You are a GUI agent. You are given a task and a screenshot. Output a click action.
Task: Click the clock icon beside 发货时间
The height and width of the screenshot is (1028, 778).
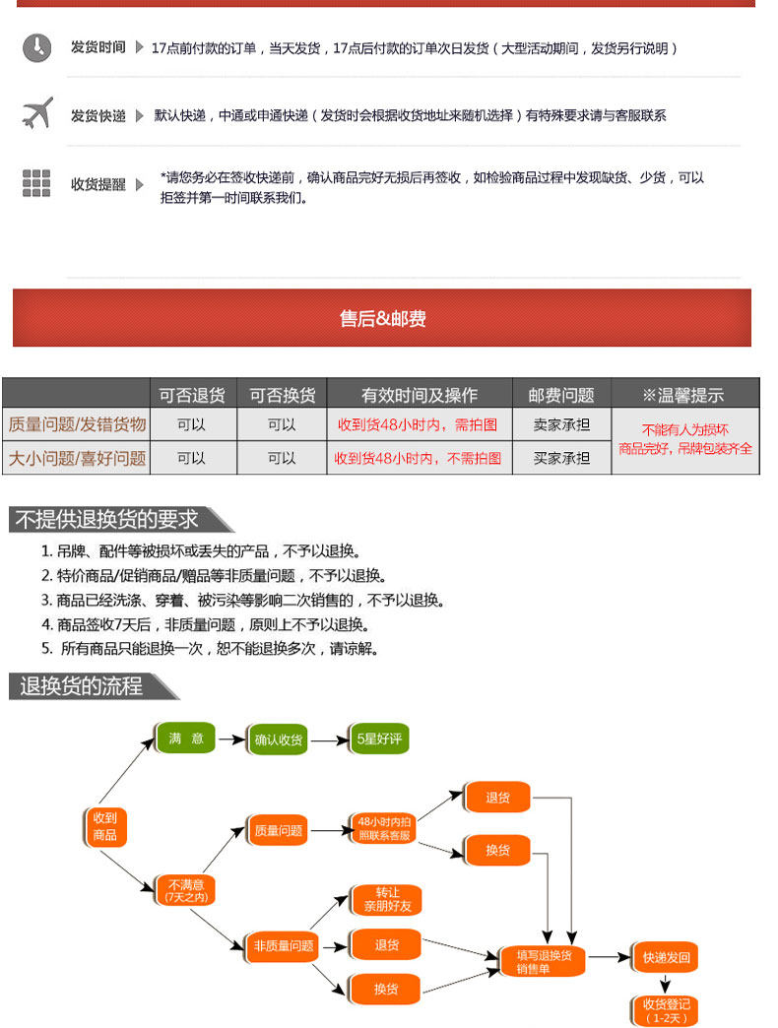pyautogui.click(x=36, y=47)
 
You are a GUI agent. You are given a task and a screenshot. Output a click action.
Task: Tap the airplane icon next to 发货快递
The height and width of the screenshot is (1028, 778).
pyautogui.click(x=36, y=114)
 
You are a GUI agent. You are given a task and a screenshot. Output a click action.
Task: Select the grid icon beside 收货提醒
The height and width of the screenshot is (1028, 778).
pyautogui.click(x=36, y=183)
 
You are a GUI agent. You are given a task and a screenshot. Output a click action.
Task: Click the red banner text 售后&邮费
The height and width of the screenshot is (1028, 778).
pyautogui.click(x=382, y=318)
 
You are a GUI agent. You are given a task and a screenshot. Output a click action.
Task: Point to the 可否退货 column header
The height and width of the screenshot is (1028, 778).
pyautogui.click(x=192, y=395)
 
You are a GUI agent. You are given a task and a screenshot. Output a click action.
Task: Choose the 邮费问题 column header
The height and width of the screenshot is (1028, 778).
pyautogui.click(x=561, y=395)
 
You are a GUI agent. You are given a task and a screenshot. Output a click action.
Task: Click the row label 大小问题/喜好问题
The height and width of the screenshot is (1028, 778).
pyautogui.click(x=77, y=458)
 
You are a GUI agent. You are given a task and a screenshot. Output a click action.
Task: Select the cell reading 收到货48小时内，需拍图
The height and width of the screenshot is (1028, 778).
pyautogui.click(x=419, y=425)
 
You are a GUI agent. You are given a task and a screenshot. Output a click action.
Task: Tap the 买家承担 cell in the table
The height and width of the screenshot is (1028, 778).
pyautogui.click(x=561, y=458)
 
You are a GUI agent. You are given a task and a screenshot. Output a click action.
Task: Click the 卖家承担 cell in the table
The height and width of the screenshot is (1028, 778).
pyautogui.click(x=561, y=425)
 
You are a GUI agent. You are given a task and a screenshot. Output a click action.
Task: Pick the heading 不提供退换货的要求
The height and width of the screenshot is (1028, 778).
pyautogui.click(x=106, y=519)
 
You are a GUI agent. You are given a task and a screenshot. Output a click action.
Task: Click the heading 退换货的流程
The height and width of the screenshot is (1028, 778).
pyautogui.click(x=82, y=686)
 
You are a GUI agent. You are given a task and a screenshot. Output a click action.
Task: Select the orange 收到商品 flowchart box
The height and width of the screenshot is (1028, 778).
pyautogui.click(x=104, y=826)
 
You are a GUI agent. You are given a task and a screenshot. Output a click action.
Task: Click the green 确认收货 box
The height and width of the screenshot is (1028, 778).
pyautogui.click(x=280, y=739)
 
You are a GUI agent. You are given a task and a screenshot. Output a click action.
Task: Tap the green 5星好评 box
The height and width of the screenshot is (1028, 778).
pyautogui.click(x=379, y=739)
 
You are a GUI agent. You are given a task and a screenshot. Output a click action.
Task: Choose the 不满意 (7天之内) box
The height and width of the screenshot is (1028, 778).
pyautogui.click(x=186, y=890)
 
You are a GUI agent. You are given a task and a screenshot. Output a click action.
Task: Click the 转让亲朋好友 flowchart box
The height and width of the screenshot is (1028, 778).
pyautogui.click(x=386, y=899)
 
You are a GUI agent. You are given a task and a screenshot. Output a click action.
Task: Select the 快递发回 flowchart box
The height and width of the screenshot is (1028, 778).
pyautogui.click(x=666, y=957)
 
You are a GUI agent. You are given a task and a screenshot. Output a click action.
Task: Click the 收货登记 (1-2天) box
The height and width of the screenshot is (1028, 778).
pyautogui.click(x=666, y=1009)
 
